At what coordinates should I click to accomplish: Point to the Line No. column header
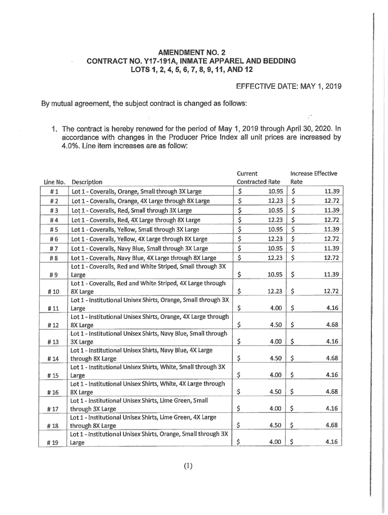click(x=55, y=182)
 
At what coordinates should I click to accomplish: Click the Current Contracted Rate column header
click(x=258, y=178)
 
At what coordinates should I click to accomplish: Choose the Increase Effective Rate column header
click(x=313, y=178)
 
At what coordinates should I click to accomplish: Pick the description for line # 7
click(x=140, y=248)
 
